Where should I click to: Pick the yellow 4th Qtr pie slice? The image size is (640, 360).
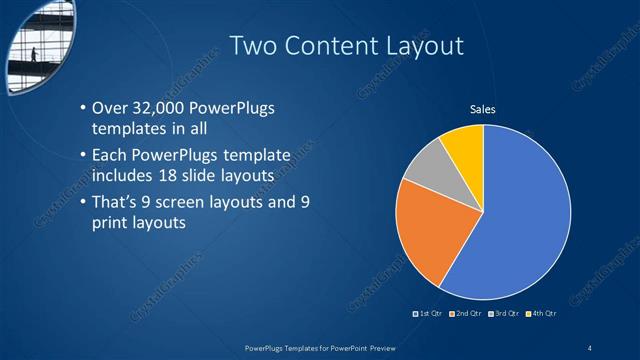tap(464, 145)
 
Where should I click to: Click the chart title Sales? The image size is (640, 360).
tap(483, 109)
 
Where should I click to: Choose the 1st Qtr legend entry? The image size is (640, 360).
tap(428, 313)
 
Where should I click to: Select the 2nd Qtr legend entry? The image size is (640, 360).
tap(466, 313)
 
